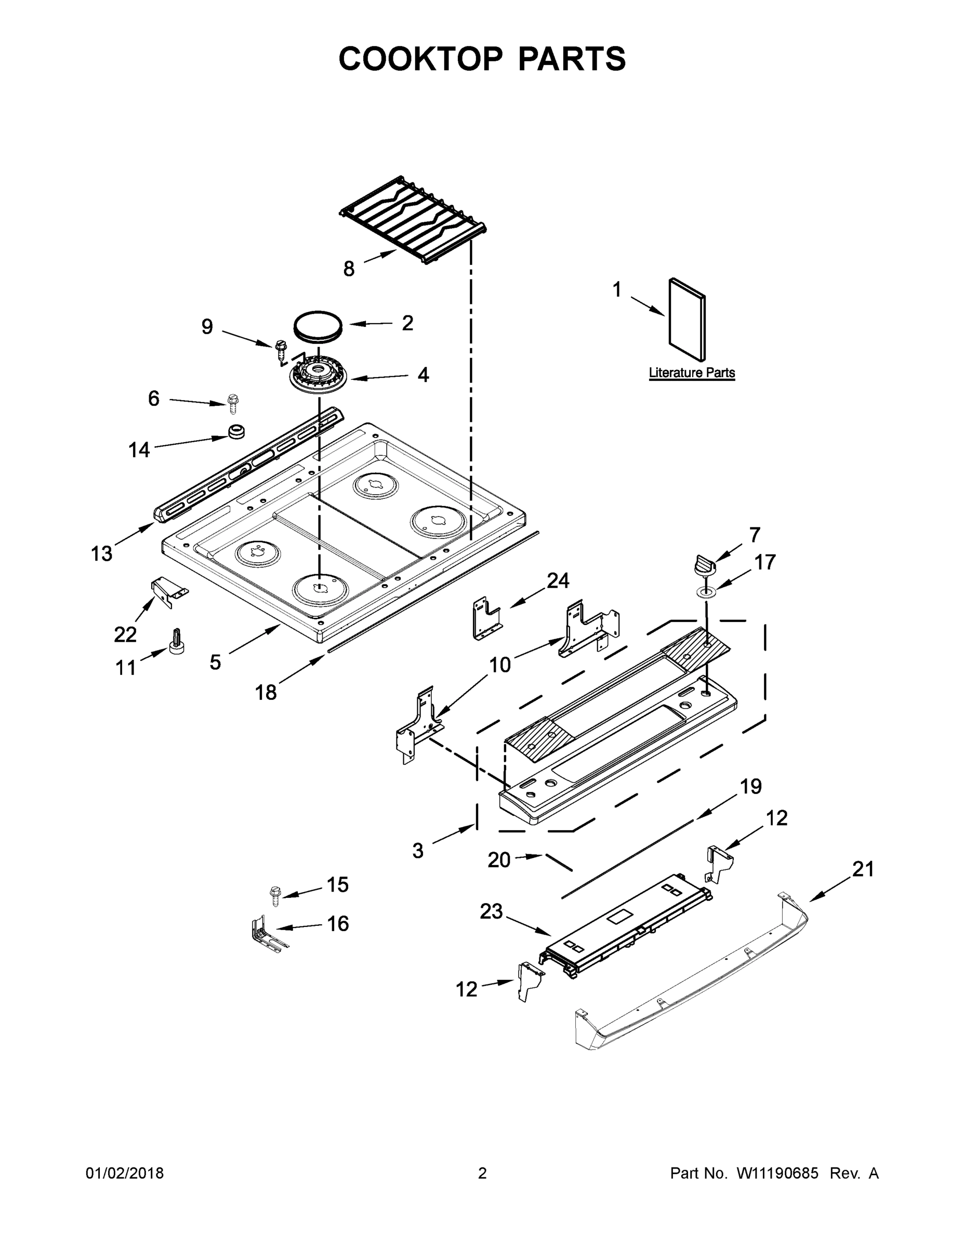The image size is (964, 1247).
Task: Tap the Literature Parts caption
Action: (691, 373)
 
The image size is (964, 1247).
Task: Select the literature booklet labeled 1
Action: (687, 320)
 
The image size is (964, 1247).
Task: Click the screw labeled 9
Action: (281, 349)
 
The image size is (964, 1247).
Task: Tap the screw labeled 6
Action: (233, 403)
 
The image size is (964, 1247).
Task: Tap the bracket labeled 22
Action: (167, 590)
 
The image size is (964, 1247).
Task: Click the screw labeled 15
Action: (275, 895)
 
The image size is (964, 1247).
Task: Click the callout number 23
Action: (491, 911)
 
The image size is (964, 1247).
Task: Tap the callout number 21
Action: (863, 869)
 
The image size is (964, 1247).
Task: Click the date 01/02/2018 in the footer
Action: (125, 1173)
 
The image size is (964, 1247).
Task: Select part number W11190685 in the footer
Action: (778, 1173)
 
